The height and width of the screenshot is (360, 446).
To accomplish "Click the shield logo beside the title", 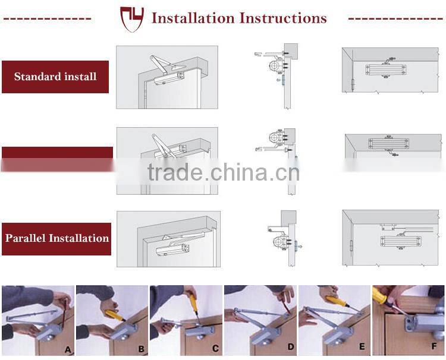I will point(132,18).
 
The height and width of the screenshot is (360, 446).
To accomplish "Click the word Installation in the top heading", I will point(192,18).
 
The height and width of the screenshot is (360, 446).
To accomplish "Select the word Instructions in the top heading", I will point(282,18).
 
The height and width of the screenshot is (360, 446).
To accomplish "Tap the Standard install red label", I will point(55,77).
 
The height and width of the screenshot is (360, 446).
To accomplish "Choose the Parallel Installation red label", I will point(56,239).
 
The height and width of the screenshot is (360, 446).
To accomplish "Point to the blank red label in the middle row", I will point(57,159).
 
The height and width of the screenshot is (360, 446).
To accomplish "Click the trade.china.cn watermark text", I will point(223,172).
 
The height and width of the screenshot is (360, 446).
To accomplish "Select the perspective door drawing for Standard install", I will point(167,77).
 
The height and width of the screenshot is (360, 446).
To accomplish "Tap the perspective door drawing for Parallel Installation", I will point(168,239).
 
